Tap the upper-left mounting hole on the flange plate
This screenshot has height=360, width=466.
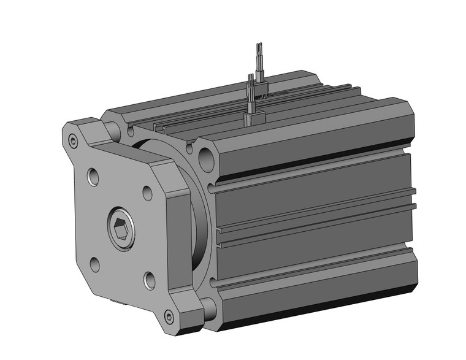(x=93, y=177)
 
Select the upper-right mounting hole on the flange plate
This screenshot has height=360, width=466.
(x=148, y=193)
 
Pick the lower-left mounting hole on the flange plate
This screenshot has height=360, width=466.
(x=94, y=264)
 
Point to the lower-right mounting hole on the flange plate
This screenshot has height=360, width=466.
(x=150, y=280)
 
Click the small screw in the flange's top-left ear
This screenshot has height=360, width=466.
(x=74, y=142)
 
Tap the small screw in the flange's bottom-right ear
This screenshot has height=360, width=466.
(x=169, y=317)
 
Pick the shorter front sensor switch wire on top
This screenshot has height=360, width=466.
(x=251, y=92)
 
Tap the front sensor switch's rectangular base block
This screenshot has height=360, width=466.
(x=254, y=118)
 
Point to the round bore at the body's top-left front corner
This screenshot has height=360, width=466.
(x=113, y=129)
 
